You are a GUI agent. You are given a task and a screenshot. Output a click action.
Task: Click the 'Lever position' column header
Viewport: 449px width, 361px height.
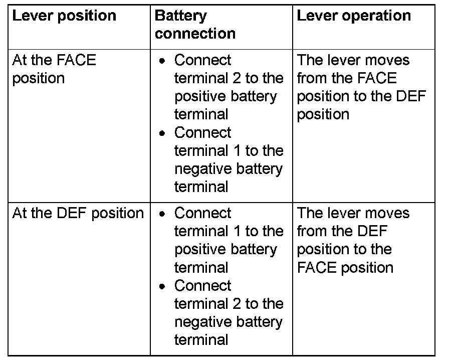(x=64, y=16)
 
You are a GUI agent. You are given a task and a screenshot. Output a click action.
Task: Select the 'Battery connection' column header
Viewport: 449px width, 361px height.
(x=195, y=25)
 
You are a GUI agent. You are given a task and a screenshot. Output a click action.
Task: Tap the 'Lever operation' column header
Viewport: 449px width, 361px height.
(x=354, y=16)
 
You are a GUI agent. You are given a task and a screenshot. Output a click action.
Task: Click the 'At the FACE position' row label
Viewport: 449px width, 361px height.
(x=54, y=69)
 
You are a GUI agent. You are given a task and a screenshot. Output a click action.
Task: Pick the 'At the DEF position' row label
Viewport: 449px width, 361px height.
(x=78, y=213)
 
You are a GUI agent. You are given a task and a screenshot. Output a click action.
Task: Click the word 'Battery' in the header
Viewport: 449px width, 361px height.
(x=181, y=16)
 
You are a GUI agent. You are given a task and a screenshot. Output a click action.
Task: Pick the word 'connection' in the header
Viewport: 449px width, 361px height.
(x=195, y=34)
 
